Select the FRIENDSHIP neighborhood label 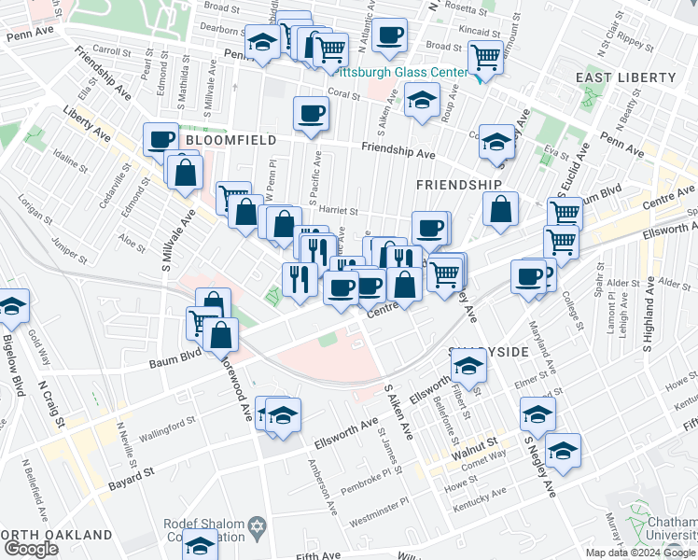[458, 185]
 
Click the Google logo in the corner [32, 550]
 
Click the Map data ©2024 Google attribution [640, 553]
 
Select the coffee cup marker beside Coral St [311, 114]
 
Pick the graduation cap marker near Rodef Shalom [199, 544]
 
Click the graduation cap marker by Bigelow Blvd [11, 305]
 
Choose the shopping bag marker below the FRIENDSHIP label [501, 209]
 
